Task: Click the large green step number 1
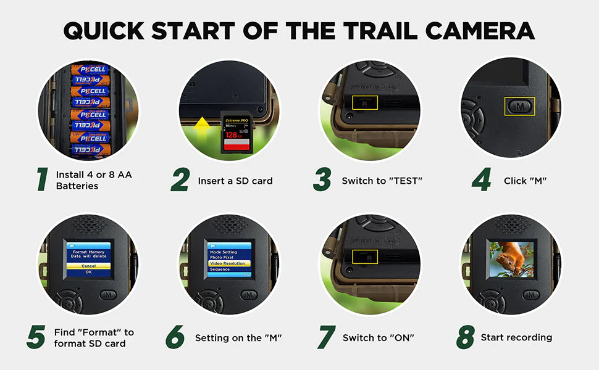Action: pyautogui.click(x=42, y=179)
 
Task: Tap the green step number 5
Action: pyautogui.click(x=36, y=337)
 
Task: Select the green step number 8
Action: pyautogui.click(x=464, y=337)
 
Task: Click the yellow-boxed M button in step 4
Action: pyautogui.click(x=519, y=106)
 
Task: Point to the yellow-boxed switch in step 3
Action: pyautogui.click(x=364, y=103)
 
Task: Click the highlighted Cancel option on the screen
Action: pyautogui.click(x=88, y=265)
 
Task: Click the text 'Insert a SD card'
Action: pyautogui.click(x=235, y=181)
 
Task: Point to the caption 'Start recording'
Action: pyautogui.click(x=516, y=337)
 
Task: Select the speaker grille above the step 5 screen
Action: pyautogui.click(x=88, y=224)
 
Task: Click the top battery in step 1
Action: pyautogui.click(x=88, y=70)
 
